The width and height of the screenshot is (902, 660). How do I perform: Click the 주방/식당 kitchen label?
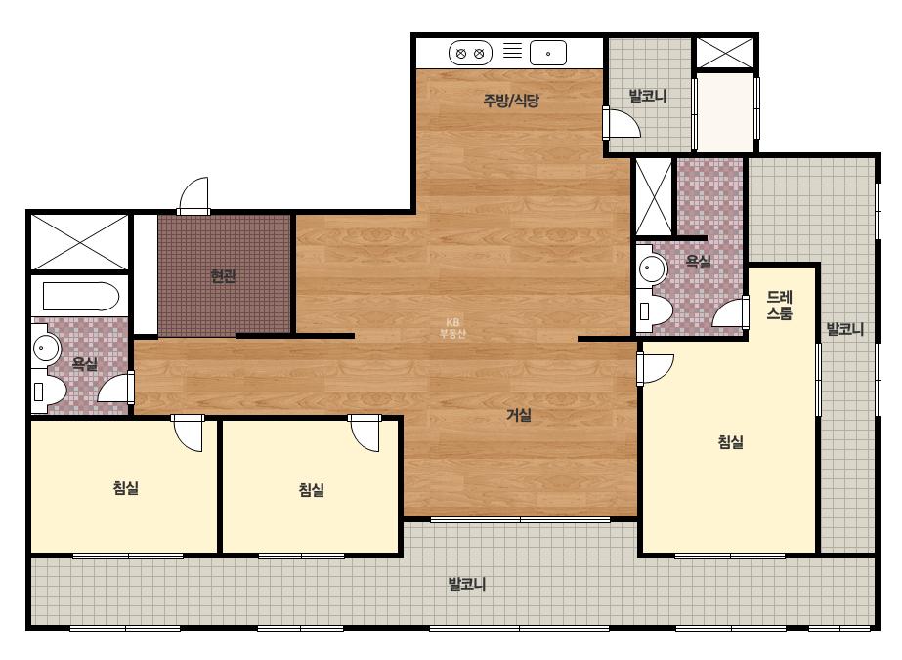(511, 101)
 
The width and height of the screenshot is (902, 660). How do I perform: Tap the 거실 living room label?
(518, 415)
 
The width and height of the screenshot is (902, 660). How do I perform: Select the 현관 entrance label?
(223, 276)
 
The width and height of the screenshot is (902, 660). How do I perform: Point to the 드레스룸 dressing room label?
(780, 305)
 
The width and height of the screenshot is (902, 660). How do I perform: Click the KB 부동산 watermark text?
(452, 328)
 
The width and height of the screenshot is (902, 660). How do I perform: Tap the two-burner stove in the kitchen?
(470, 54)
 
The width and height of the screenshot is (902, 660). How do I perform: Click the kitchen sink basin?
(547, 53)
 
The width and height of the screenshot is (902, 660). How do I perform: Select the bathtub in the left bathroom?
(81, 297)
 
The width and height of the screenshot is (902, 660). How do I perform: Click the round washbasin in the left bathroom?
(46, 348)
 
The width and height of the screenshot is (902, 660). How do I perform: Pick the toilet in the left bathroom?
(48, 391)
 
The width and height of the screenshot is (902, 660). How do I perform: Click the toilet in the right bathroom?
(654, 311)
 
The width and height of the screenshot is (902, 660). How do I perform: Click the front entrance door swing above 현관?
(193, 196)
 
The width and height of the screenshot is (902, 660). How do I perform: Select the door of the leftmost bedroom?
(188, 433)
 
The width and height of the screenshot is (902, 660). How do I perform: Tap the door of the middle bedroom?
(365, 433)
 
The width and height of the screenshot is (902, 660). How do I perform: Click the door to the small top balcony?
(622, 122)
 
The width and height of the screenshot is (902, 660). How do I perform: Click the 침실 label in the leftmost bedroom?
(126, 488)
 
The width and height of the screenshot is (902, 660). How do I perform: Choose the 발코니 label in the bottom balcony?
(467, 584)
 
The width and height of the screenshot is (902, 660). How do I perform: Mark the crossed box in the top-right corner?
(725, 53)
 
